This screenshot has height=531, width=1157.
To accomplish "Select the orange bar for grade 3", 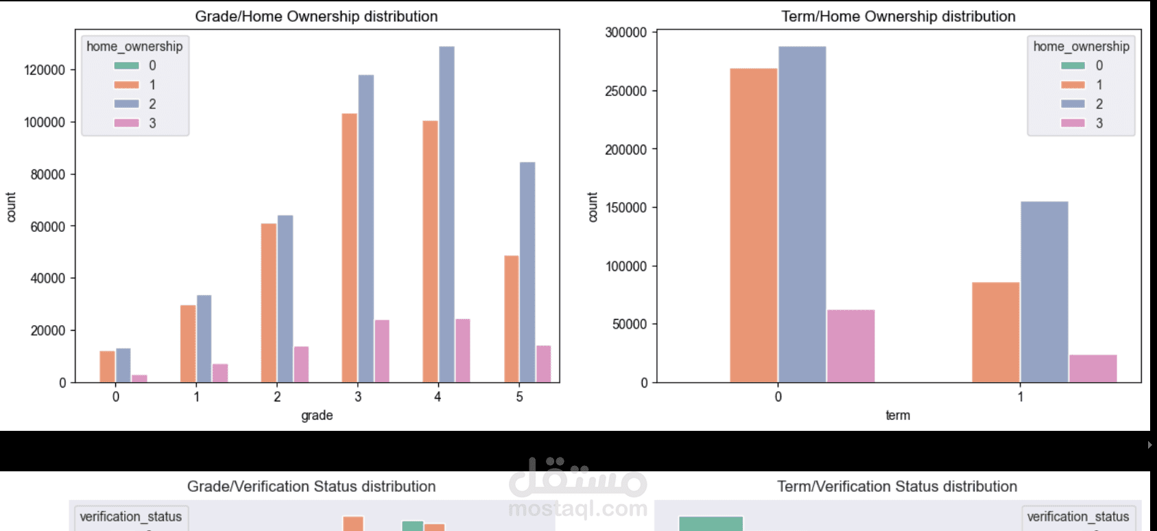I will (350, 248).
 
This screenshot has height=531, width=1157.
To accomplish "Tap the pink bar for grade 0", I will (139, 379).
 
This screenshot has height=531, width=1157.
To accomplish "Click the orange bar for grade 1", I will (188, 344).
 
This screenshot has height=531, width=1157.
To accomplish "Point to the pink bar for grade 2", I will (301, 364).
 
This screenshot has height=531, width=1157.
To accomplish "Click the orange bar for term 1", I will (996, 332).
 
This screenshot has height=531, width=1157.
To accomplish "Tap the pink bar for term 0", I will (850, 346).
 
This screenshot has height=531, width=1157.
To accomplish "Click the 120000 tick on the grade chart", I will (45, 70).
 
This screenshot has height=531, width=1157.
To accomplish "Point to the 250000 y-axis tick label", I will (625, 91).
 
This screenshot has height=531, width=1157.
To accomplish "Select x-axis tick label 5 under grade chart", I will (519, 397).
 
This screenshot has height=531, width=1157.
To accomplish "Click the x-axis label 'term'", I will (897, 415).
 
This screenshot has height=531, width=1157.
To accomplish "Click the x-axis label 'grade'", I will (317, 415).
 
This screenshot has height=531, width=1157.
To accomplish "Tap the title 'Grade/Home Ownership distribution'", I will (316, 16).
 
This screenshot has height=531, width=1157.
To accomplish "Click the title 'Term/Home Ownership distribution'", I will (898, 16).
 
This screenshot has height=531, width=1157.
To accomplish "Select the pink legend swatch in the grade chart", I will (127, 123).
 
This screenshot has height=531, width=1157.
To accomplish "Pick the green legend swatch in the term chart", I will (1073, 66).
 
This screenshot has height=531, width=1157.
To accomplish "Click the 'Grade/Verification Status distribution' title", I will (311, 486).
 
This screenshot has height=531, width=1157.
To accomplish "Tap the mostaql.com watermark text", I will (577, 508).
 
